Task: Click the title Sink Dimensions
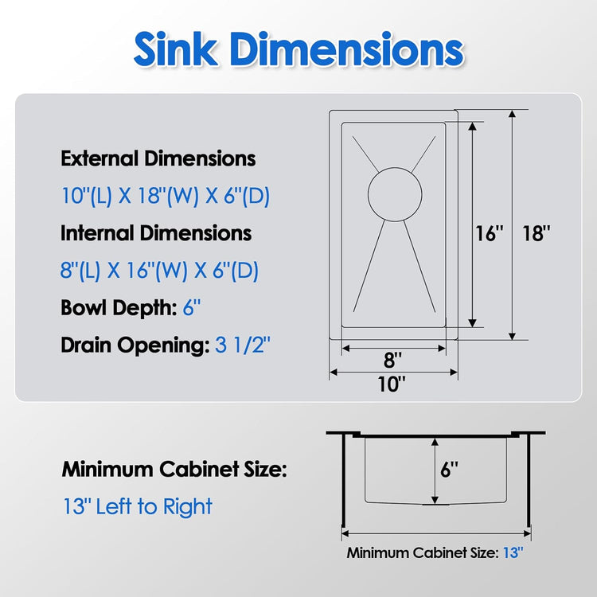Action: [x=298, y=50]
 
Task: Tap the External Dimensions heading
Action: [x=158, y=158]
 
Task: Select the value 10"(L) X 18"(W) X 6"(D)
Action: [x=166, y=196]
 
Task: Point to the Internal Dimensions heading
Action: [x=156, y=233]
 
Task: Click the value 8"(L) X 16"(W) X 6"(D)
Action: [x=160, y=271]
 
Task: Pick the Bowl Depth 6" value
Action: [x=187, y=308]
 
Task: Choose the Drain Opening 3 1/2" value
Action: [x=244, y=345]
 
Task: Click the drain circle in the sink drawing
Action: [x=392, y=193]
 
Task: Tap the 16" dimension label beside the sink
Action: [x=490, y=234]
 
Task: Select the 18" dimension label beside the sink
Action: [x=537, y=234]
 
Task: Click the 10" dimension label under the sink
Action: [x=392, y=384]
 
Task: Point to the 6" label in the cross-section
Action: [x=449, y=470]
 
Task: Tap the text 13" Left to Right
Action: [x=138, y=506]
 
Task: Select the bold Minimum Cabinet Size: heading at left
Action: [x=174, y=470]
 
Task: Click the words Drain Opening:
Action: [x=135, y=345]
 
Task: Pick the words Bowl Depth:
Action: [x=116, y=308]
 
